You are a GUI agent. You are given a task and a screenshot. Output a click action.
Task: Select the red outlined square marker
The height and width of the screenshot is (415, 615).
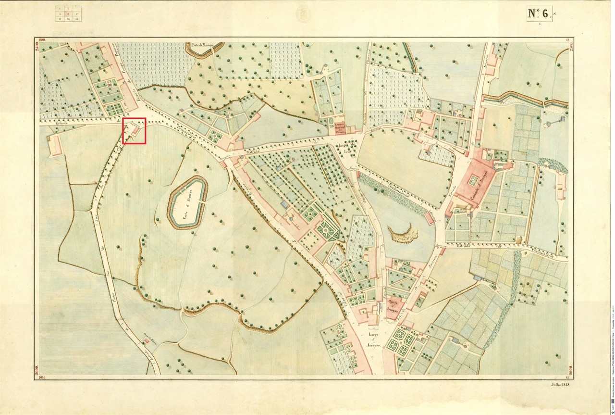pyautogui.click(x=134, y=130)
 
